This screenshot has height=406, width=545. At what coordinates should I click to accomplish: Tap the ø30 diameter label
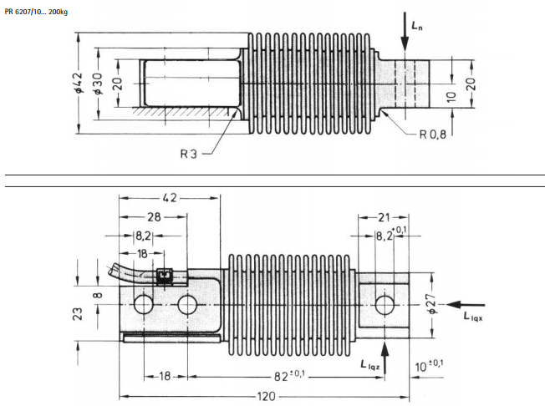click(x=98, y=84)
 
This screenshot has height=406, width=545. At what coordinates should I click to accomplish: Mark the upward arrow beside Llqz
click(x=383, y=351)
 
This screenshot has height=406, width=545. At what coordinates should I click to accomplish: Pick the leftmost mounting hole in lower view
click(x=143, y=304)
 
